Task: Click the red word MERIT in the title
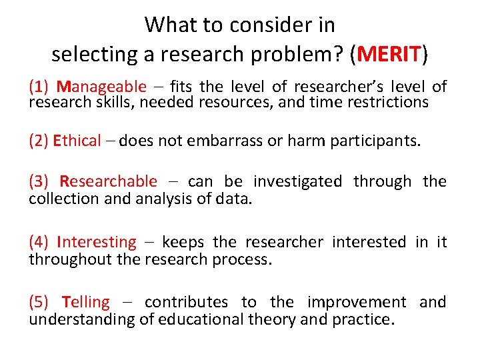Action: pyautogui.click(x=389, y=53)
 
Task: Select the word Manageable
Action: pyautogui.click(x=101, y=86)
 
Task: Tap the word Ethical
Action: pyautogui.click(x=77, y=141)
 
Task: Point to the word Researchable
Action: pyautogui.click(x=108, y=181)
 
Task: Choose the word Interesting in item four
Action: pyautogui.click(x=97, y=242)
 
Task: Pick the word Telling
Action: pyautogui.click(x=85, y=302)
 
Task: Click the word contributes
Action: pyautogui.click(x=185, y=302)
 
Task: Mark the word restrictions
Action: pyautogui.click(x=389, y=102)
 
